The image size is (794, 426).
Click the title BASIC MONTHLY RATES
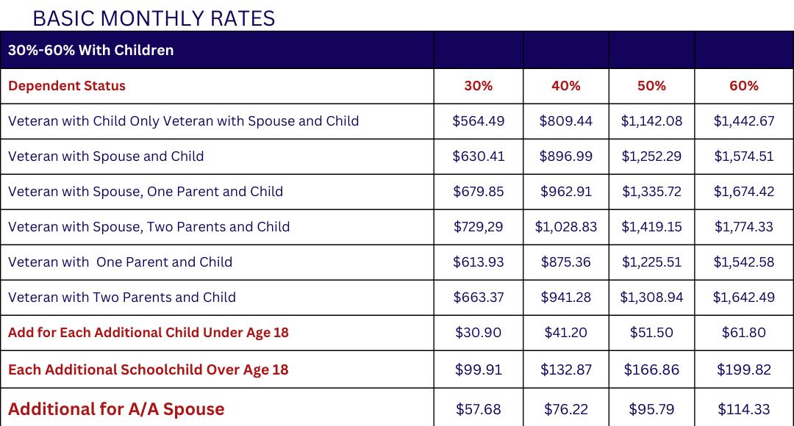(x=154, y=18)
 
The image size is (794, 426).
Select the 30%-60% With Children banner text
(x=90, y=50)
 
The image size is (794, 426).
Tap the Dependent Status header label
(x=67, y=85)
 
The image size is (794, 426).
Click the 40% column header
(x=565, y=85)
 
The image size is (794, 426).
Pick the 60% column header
(x=744, y=85)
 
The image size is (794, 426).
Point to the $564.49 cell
(x=479, y=121)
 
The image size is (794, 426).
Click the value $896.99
(x=565, y=156)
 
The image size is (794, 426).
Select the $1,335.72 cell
(x=651, y=192)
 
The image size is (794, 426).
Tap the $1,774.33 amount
(x=744, y=227)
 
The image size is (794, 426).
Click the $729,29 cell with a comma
(x=479, y=227)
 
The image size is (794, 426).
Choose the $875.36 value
(x=565, y=262)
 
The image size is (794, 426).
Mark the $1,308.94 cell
(x=651, y=297)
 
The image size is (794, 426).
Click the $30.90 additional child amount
(x=479, y=333)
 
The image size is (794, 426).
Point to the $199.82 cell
(x=744, y=370)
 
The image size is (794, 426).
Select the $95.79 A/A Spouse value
(x=651, y=409)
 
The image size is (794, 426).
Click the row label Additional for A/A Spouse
(x=116, y=409)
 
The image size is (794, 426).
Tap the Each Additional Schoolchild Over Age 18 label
(x=149, y=370)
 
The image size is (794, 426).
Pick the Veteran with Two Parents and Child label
(x=122, y=297)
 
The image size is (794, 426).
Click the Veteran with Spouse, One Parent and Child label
(x=146, y=192)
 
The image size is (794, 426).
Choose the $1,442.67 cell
(x=744, y=121)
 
